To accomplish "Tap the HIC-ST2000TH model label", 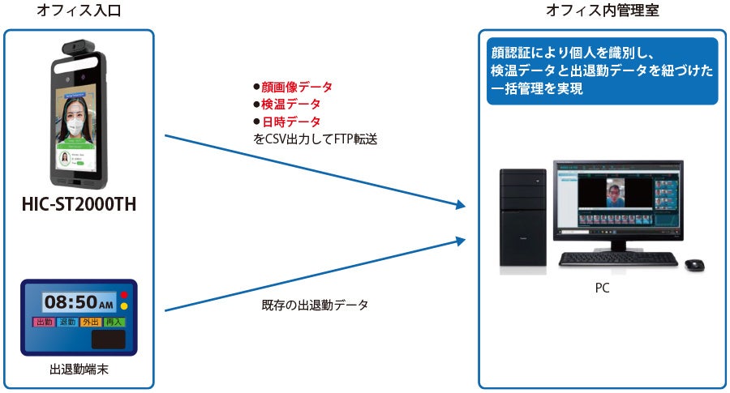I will [79, 205].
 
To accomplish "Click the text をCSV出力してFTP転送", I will [316, 139].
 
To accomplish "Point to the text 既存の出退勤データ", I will [315, 305].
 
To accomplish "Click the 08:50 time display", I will [79, 302].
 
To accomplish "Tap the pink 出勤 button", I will [44, 323].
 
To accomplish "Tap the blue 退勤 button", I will [67, 323].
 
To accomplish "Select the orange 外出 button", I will [91, 323].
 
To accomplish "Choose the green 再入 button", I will [114, 323].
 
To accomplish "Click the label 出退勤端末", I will [79, 370].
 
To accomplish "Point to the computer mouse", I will [694, 264].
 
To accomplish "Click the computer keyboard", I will [618, 259].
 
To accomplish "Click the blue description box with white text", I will [602, 70].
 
